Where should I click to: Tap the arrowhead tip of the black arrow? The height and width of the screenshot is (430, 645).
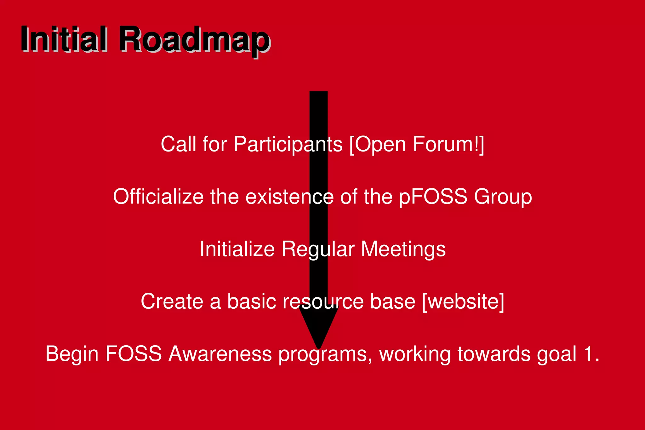tap(318, 347)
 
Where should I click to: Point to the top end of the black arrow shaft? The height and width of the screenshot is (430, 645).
tap(318, 92)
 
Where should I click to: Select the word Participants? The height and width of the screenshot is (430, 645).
tap(288, 145)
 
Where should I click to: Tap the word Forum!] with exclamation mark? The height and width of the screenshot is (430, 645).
tap(448, 145)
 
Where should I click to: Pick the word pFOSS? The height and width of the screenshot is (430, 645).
tap(433, 197)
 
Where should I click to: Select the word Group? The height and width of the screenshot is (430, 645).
tap(503, 197)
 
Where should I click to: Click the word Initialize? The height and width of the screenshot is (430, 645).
tap(237, 249)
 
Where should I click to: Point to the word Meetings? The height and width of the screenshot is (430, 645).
tap(403, 249)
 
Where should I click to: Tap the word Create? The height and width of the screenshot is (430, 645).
tap(172, 301)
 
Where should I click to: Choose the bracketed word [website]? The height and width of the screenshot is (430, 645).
tap(463, 301)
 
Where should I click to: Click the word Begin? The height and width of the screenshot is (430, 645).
tap(72, 354)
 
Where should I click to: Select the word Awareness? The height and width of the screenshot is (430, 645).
tap(220, 354)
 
